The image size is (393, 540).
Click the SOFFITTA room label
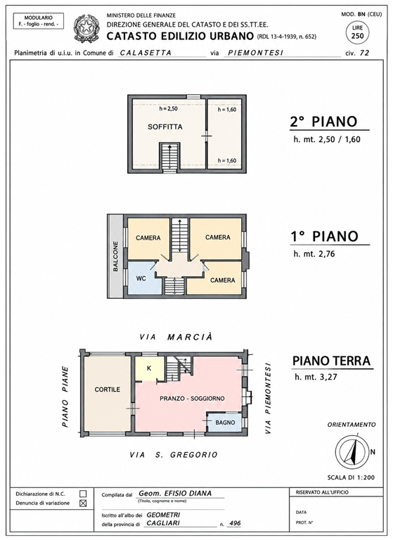[x=165, y=127]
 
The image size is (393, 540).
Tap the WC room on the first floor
[x=141, y=278]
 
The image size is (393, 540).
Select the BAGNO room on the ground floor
[x=225, y=422]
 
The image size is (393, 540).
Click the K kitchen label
[x=149, y=368]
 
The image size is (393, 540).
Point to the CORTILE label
[x=108, y=390]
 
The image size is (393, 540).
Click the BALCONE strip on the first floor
[x=115, y=256]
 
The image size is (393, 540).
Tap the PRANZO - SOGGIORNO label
[x=192, y=399]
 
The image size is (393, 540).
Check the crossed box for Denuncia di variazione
[x=83, y=503]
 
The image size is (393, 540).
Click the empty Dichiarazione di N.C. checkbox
[x=83, y=494]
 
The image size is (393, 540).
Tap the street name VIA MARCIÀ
[x=176, y=337]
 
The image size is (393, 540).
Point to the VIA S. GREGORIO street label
[x=174, y=455]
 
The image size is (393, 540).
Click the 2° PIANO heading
[x=323, y=122]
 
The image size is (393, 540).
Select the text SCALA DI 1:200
[x=351, y=477]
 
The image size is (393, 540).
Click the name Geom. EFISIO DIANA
[x=175, y=493]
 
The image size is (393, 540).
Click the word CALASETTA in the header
[x=146, y=53]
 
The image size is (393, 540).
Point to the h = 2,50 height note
[x=168, y=109]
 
